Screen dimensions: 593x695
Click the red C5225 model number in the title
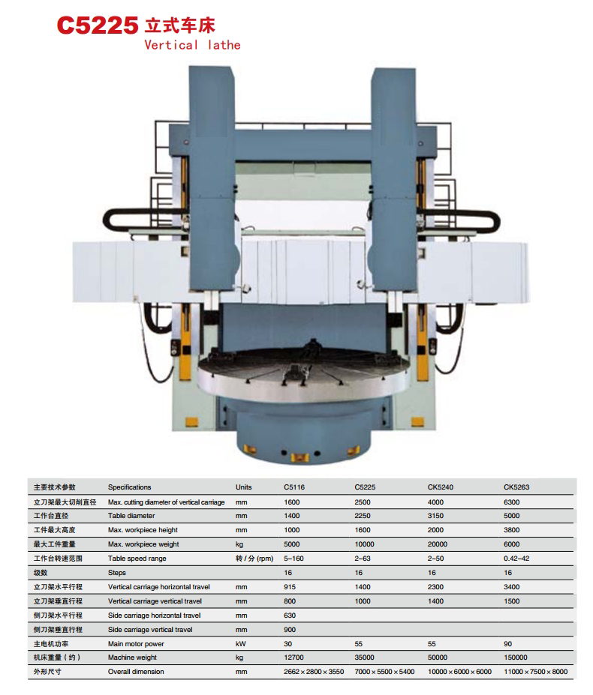[98, 25]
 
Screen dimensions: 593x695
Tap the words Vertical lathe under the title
[192, 45]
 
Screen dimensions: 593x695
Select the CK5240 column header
[441, 487]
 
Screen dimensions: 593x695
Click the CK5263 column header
[516, 487]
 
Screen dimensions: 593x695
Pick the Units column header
[244, 487]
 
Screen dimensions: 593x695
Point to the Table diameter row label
[131, 516]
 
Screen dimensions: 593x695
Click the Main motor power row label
[136, 644]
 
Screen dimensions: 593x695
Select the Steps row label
[117, 573]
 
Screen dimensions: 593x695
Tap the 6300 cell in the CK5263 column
[511, 502]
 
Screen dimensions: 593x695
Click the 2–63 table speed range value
[363, 559]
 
